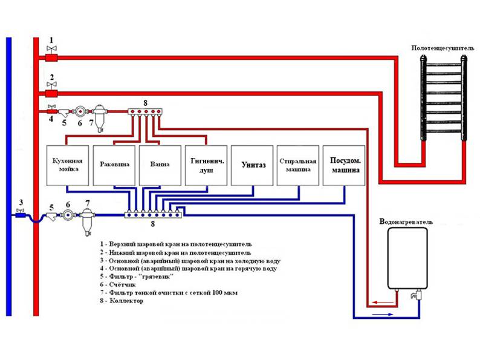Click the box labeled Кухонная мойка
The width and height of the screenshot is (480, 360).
click(68, 165)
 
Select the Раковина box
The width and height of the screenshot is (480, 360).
click(114, 165)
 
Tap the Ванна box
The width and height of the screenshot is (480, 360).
click(160, 165)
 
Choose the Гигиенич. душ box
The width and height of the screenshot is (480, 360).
click(206, 165)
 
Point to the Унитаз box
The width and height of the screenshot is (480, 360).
click(252, 165)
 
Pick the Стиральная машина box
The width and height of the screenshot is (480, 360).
click(298, 165)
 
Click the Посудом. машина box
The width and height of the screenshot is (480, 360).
click(345, 165)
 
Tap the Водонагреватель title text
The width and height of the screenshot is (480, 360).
click(406, 222)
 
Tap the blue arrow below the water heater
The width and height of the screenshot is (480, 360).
click(381, 315)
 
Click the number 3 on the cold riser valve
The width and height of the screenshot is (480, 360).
click(21, 202)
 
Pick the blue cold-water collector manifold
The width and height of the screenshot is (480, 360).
click(153, 213)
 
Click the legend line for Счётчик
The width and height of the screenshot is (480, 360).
click(121, 284)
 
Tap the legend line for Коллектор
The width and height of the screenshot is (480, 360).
click(123, 301)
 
